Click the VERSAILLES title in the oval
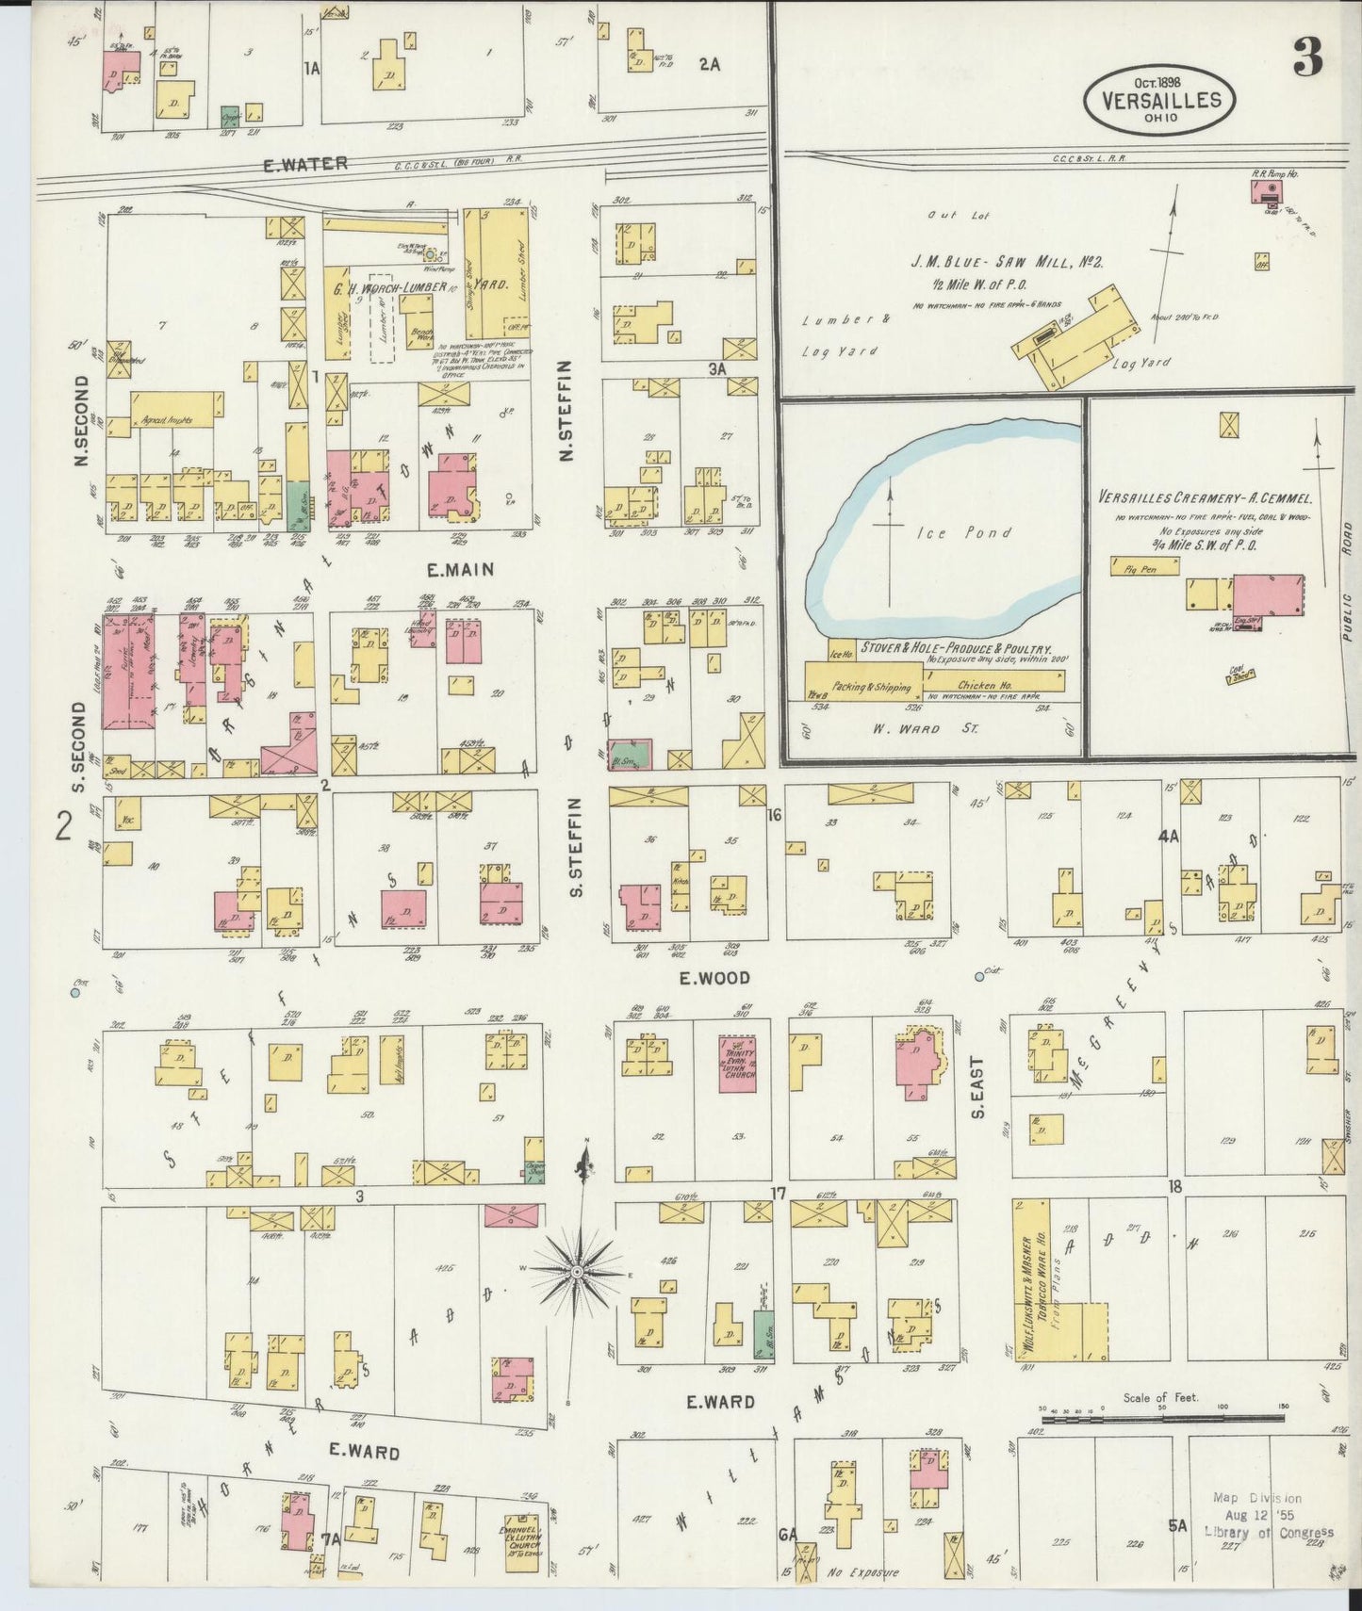pyautogui.click(x=1158, y=100)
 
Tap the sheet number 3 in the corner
pyautogui.click(x=1307, y=59)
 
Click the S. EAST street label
pyautogui.click(x=977, y=1088)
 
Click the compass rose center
pyautogui.click(x=577, y=1273)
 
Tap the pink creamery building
pyautogui.click(x=1268, y=595)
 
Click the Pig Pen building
pyautogui.click(x=1145, y=566)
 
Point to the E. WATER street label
pyautogui.click(x=291, y=163)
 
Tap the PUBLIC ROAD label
pyautogui.click(x=1346, y=580)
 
